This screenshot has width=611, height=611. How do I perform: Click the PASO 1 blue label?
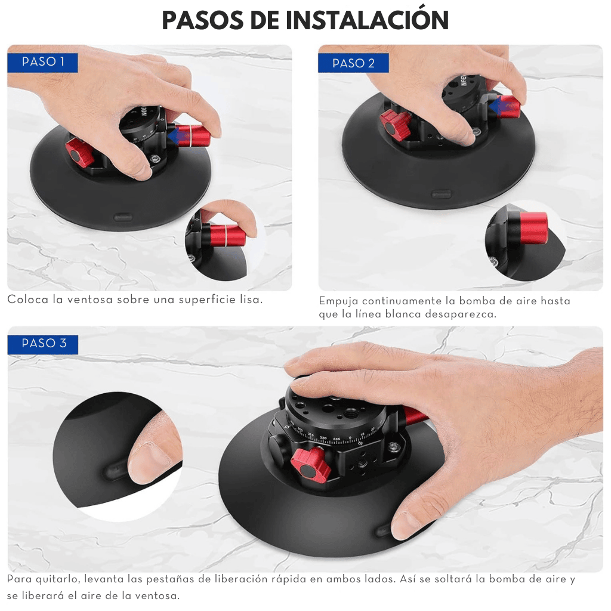pos(42,62)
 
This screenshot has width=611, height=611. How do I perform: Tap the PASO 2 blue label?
pos(353,63)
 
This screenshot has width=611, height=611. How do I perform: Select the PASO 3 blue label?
pos(43,344)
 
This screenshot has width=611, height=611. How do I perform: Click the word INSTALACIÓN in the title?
pos(367,20)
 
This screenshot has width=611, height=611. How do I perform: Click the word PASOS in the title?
pos(203,21)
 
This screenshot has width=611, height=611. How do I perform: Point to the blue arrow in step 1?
pos(177,137)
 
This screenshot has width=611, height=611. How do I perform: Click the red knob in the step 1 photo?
pos(80,153)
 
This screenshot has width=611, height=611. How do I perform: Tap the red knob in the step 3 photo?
pos(310,465)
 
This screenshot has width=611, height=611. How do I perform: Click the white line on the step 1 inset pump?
pos(225,236)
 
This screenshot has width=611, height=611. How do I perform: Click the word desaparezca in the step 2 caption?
pos(459,314)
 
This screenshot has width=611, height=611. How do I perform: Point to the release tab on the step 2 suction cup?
pos(442,194)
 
